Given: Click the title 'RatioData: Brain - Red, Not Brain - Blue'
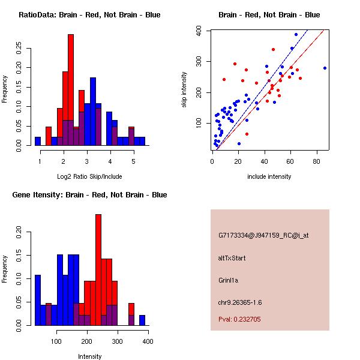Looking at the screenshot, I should click(x=89, y=15).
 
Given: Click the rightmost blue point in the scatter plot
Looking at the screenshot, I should click(x=325, y=68).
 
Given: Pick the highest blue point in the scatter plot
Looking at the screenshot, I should click(x=296, y=35).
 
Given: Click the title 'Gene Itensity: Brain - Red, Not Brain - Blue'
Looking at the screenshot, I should click(x=89, y=195).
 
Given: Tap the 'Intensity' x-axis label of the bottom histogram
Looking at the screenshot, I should click(x=89, y=356).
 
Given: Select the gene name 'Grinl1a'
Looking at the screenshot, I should click(x=230, y=280).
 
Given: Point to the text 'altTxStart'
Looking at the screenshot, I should click(x=232, y=258).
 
